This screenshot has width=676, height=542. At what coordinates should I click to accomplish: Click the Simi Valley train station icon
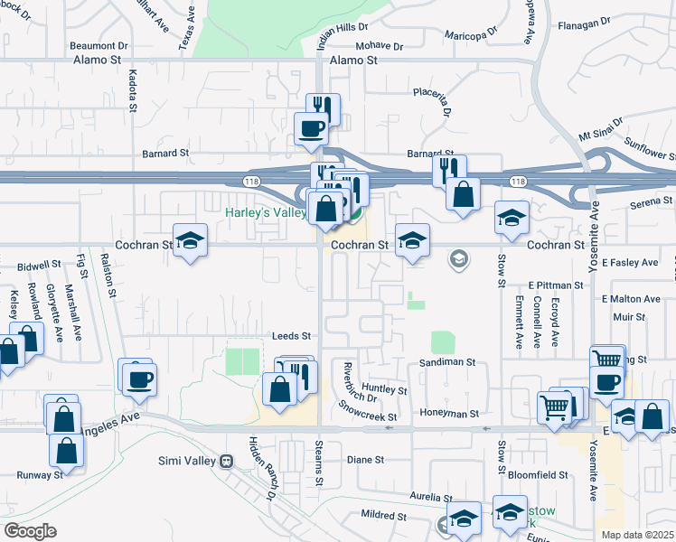[x=228, y=460]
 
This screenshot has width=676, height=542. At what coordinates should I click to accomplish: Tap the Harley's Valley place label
[x=265, y=213]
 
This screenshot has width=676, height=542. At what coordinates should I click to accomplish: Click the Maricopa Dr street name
[x=471, y=35]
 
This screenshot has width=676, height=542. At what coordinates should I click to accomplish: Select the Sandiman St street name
[x=446, y=361]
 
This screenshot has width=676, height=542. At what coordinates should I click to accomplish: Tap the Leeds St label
[x=291, y=336]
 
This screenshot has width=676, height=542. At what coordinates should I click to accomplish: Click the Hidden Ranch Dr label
[x=260, y=467]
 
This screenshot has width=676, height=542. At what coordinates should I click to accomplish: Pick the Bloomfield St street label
[x=537, y=474]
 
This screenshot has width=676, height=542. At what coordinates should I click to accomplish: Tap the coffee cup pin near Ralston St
[x=138, y=378]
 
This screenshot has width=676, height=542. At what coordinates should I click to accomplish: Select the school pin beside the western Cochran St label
[x=190, y=241]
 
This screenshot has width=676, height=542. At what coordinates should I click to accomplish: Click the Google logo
[x=30, y=531]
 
